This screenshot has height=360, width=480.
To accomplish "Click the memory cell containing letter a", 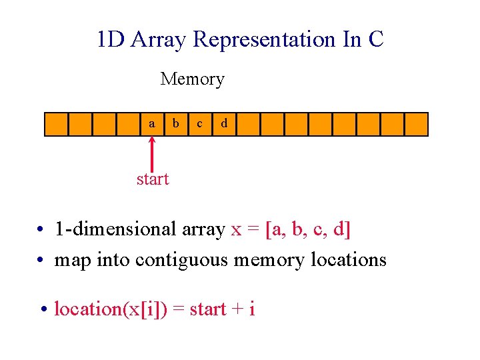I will coord(153,124).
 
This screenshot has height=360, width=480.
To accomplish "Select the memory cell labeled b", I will coord(176,124).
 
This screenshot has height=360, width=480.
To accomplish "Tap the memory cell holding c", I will coord(200,124).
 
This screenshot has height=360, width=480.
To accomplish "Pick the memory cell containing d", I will coord(224,124).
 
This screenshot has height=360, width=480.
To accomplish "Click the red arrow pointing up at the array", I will coord(153,153).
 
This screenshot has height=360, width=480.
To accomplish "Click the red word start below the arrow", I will coord(153,179).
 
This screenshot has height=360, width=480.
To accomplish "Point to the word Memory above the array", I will coord(192,79).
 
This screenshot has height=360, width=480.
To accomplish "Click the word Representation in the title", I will coord(265,39).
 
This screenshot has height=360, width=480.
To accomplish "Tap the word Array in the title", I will coord(159,39).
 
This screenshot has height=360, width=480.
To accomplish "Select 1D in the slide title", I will coord(111,39).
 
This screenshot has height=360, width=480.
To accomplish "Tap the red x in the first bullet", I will coord(236,230).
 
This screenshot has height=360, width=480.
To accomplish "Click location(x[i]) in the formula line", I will coord(110,309).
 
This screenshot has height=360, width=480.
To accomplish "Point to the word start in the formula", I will coord(208,309).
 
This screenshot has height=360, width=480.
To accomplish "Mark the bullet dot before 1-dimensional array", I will coord(41,231).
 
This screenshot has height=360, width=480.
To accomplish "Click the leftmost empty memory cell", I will coord(56,124).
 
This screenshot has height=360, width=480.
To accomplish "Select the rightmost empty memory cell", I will coord(416,124).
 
